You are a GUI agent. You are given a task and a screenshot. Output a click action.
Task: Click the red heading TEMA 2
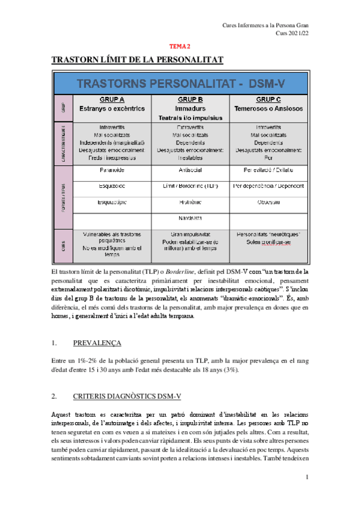click(x=179, y=46)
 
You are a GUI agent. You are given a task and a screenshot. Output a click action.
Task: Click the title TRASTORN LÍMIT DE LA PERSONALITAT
click(x=137, y=60)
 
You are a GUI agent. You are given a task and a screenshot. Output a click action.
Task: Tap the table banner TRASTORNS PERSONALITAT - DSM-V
click(x=180, y=82)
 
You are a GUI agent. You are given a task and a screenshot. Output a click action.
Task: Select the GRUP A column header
click(x=111, y=99)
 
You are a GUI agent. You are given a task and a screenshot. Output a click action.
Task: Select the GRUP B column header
click(x=190, y=99)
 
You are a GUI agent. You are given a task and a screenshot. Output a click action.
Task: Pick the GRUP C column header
click(x=269, y=99)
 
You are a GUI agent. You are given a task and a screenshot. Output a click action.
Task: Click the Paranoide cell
click(x=111, y=171)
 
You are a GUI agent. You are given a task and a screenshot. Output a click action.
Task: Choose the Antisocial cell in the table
click(x=190, y=171)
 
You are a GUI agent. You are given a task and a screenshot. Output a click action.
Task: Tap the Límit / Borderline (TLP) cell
click(x=190, y=186)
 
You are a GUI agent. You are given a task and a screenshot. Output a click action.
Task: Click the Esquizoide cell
click(x=111, y=186)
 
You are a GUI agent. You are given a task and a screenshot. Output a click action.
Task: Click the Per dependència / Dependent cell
click(x=269, y=186)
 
